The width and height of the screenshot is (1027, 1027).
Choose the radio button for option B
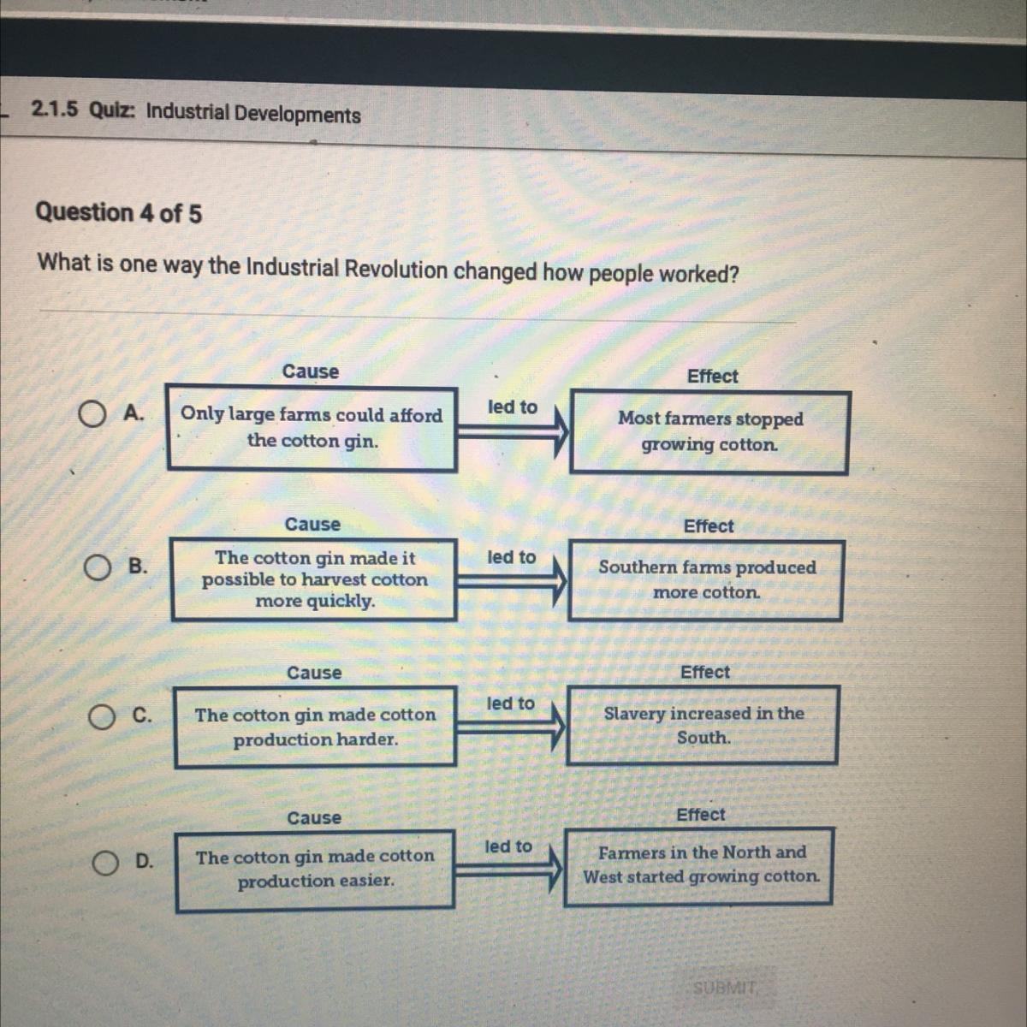coord(98,568)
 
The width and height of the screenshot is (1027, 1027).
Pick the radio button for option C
coord(102,717)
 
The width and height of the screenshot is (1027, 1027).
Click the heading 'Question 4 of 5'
coord(119,212)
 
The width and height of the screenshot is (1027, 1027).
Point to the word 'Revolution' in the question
coord(396,270)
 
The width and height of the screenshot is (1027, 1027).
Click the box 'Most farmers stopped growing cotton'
coord(709,432)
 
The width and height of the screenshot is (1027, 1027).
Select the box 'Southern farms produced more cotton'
coord(705,580)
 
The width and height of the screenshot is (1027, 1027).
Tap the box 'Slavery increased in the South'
coord(703,726)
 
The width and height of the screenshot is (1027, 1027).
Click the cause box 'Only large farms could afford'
coord(312,429)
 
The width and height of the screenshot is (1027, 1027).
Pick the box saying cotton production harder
coord(316,727)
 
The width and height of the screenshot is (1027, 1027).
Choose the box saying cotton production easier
coord(316,871)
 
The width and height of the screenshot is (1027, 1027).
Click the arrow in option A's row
coord(513,431)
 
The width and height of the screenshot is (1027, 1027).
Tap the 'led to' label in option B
coord(512,557)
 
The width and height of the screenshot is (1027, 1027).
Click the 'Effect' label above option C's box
coord(705,672)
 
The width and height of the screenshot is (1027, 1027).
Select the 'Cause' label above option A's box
coord(310,371)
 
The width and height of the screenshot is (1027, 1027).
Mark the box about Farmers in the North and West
coord(699,867)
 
